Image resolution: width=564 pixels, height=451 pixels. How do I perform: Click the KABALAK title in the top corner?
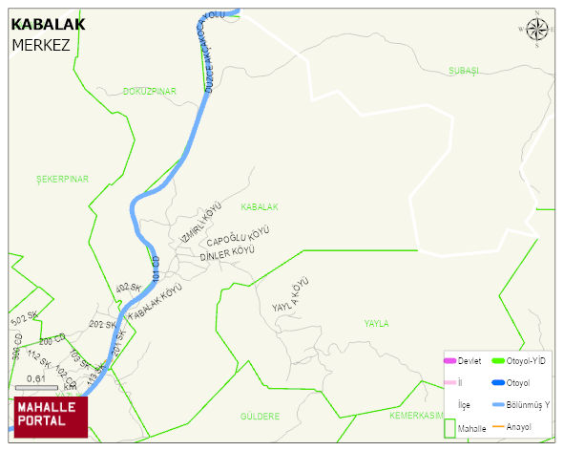[48, 25]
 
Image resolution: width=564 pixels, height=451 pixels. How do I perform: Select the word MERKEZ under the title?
[41, 45]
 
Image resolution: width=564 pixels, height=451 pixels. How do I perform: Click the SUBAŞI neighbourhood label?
[463, 72]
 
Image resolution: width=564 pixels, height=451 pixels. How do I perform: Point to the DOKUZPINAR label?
[150, 91]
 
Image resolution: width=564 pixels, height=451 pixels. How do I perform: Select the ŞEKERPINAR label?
[62, 179]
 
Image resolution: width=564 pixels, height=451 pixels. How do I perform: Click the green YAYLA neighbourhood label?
[376, 324]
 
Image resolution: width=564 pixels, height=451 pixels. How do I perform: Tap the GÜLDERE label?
[260, 417]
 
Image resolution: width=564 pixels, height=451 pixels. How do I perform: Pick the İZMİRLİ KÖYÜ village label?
[200, 223]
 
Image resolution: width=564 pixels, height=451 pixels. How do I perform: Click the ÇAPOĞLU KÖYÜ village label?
[239, 238]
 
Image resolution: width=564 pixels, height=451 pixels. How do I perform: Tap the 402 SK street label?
[128, 289]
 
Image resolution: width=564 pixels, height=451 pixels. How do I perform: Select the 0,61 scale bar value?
[35, 378]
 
